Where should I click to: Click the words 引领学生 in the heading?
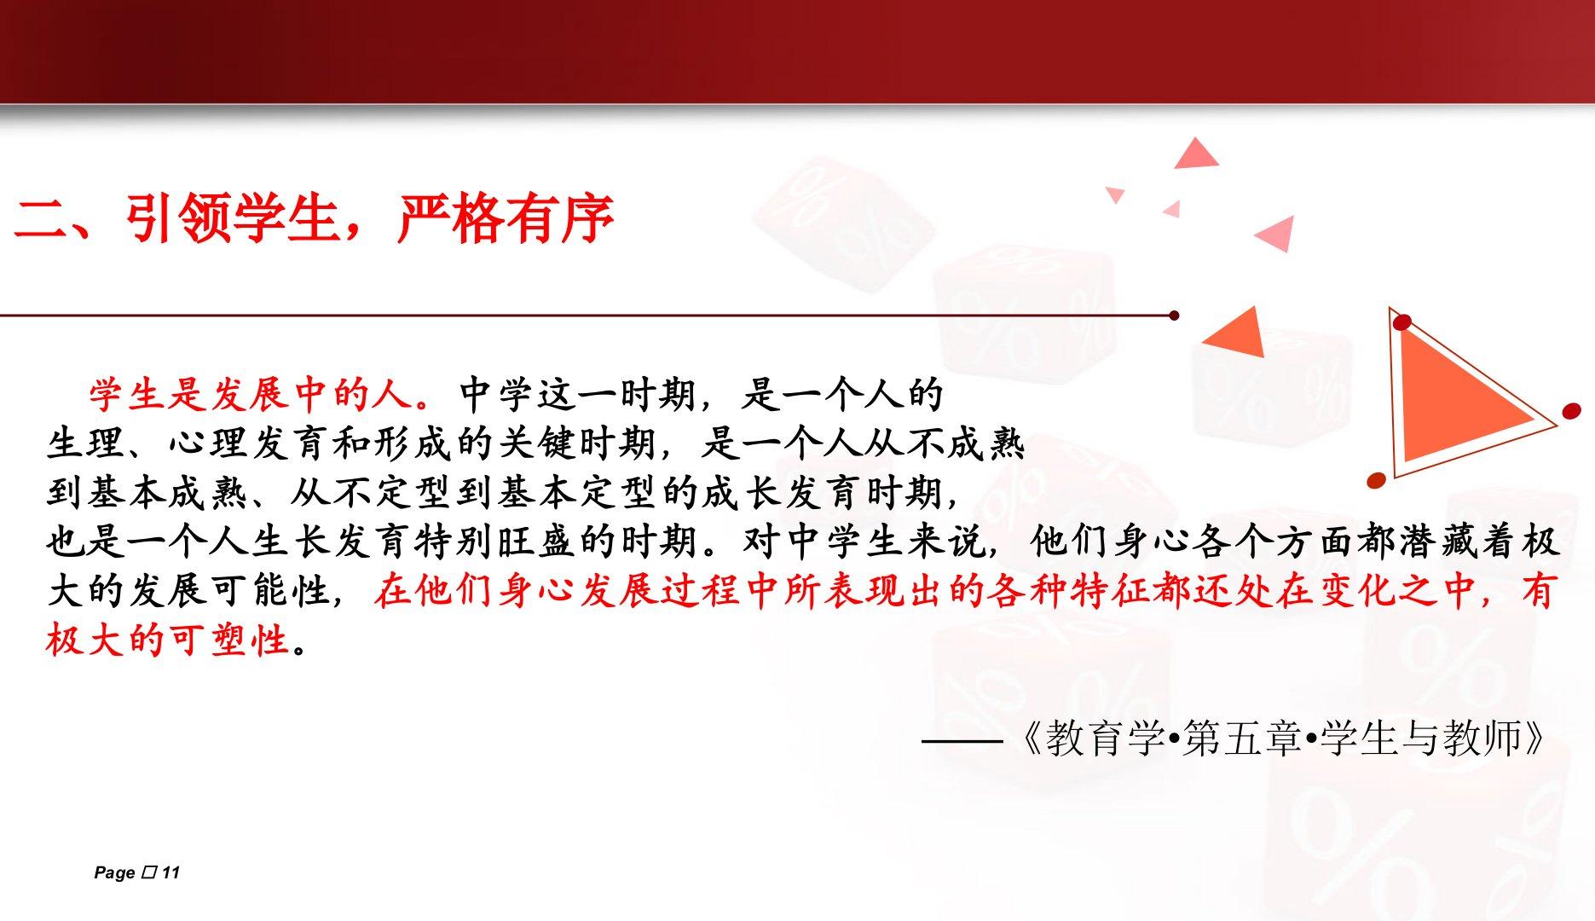click(232, 218)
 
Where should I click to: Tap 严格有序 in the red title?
click(506, 218)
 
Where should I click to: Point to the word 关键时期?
click(576, 443)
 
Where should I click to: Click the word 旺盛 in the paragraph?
click(535, 542)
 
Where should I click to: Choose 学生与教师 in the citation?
click(1419, 739)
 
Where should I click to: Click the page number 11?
click(170, 872)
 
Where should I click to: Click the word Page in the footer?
click(115, 873)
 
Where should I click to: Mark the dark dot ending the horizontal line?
click(1174, 316)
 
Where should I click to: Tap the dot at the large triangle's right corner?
click(1570, 413)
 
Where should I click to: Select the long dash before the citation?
click(962, 740)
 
